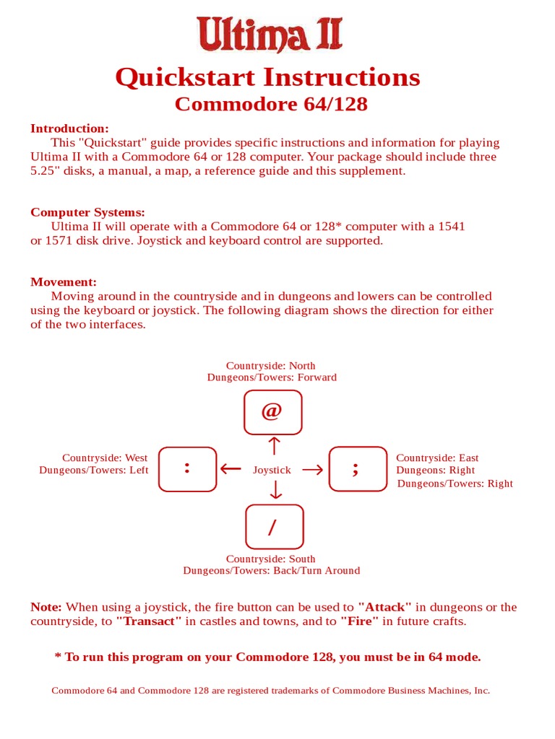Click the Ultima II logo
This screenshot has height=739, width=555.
pos(270,34)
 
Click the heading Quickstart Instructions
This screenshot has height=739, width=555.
pos(267,76)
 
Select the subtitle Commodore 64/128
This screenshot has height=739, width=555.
pos(271,104)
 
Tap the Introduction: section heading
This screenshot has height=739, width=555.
pos(69,128)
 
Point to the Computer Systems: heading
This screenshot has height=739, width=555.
pos(87,212)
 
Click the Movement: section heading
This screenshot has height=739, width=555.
pos(64,282)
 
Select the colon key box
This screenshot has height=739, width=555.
pos(187,469)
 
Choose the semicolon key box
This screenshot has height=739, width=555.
pos(358,469)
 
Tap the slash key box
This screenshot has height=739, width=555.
pos(274,527)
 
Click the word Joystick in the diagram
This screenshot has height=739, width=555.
pos(272,470)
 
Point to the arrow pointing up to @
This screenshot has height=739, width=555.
pos(273,445)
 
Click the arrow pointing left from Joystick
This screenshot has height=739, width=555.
pos(231,469)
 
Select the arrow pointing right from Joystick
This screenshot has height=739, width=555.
pos(313,470)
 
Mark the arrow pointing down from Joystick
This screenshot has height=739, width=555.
pos(275,491)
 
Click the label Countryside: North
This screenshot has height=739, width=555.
pos(270,366)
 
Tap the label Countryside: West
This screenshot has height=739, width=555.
pos(105,458)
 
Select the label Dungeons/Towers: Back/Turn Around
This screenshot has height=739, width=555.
pos(271,570)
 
